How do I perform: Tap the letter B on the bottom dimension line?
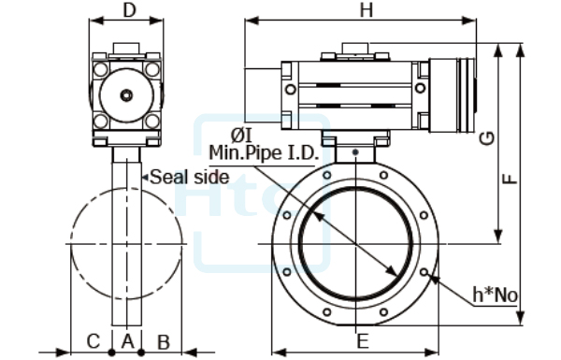click(x=162, y=338)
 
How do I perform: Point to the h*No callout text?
click(x=495, y=295)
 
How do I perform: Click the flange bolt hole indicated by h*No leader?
click(x=425, y=273)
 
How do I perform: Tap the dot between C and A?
click(x=111, y=353)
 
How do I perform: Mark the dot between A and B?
click(x=141, y=353)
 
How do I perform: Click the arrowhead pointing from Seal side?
click(x=144, y=176)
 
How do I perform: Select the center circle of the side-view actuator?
click(x=125, y=94)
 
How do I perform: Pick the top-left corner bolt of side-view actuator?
click(x=100, y=68)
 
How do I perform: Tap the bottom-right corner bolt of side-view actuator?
click(x=151, y=121)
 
